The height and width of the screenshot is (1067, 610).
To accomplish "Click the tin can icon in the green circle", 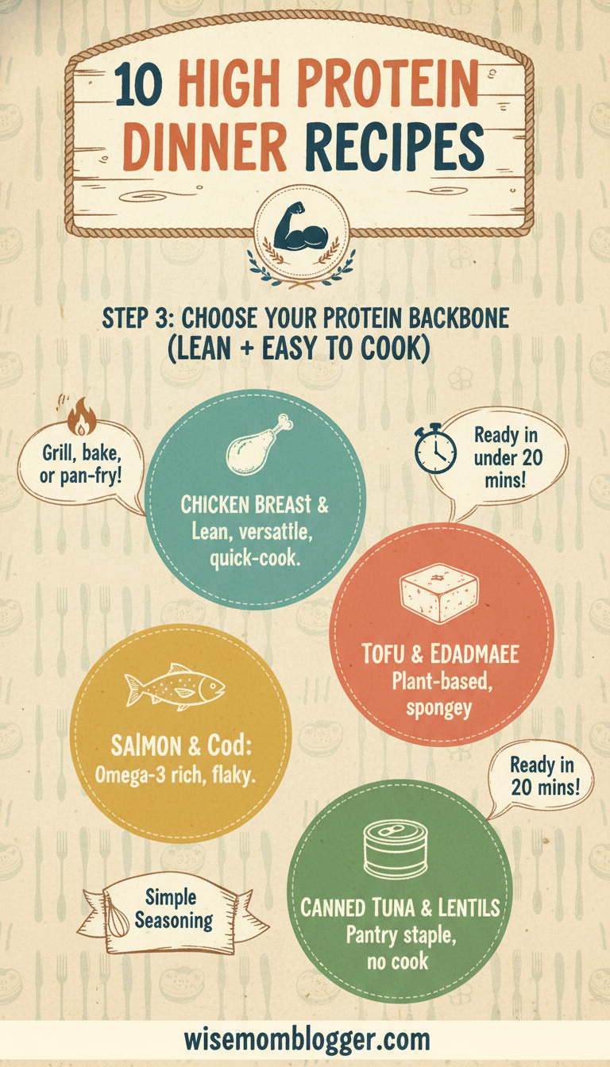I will pos(395,849).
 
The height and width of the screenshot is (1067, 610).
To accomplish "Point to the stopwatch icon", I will pos(435,450).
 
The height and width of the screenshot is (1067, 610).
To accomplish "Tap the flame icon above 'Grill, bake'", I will pos(79,417).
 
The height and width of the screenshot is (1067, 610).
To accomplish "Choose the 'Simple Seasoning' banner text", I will pos(173,909).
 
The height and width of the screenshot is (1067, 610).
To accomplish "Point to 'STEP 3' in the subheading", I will pos(140,318).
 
